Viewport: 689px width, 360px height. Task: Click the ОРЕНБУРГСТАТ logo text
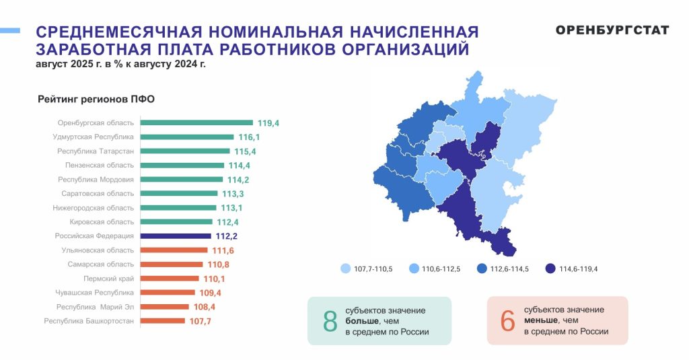tap(612, 30)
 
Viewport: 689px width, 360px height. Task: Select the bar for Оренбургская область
tap(196, 123)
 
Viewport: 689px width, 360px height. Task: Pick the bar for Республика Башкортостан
tap(162, 321)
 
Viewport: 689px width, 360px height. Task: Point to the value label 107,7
tap(199, 321)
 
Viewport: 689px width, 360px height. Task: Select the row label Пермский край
tap(109, 279)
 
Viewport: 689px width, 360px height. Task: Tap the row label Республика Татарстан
tap(96, 151)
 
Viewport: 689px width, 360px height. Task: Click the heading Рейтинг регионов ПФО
tap(96, 100)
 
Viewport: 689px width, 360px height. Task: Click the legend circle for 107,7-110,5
tap(346, 268)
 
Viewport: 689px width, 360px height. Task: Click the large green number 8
tap(330, 321)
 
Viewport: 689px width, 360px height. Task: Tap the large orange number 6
tap(507, 321)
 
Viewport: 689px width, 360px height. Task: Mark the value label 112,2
tap(227, 236)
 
